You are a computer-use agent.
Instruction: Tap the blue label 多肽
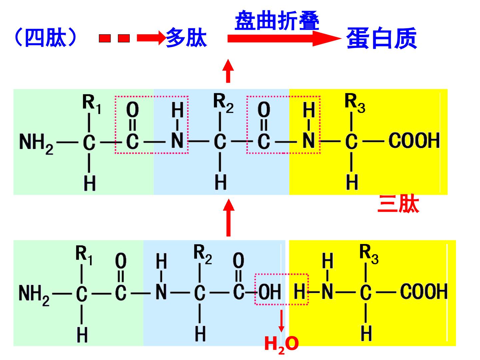pyautogui.click(x=186, y=37)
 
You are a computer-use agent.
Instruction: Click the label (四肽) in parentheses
pyautogui.click(x=45, y=37)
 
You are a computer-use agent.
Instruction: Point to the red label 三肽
pyautogui.click(x=398, y=204)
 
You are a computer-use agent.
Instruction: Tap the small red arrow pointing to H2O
pyautogui.click(x=281, y=321)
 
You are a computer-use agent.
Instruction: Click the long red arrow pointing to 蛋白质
pyautogui.click(x=284, y=38)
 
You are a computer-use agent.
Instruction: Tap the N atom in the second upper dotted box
pyautogui.click(x=309, y=140)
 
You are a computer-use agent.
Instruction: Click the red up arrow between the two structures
pyautogui.click(x=229, y=217)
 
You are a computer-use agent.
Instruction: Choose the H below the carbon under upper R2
pyautogui.click(x=221, y=182)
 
